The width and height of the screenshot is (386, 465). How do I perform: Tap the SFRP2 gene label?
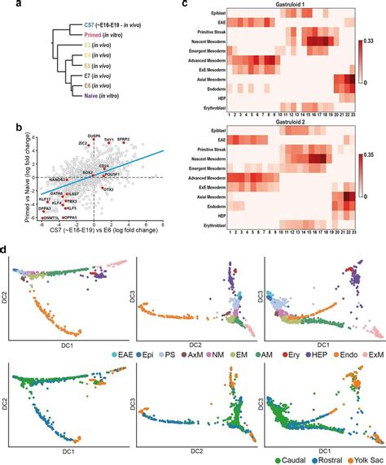[x=123, y=140]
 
